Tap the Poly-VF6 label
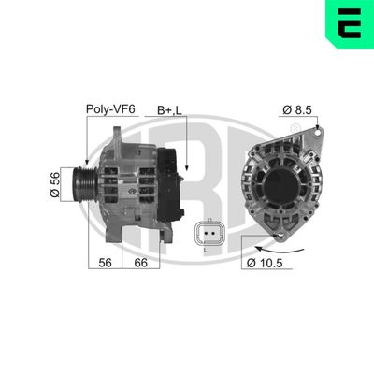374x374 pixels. (111, 109)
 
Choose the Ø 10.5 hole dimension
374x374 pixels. (271, 265)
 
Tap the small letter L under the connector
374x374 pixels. (205, 251)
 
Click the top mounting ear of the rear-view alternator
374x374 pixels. (318, 133)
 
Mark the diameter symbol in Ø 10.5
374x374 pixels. (254, 265)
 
